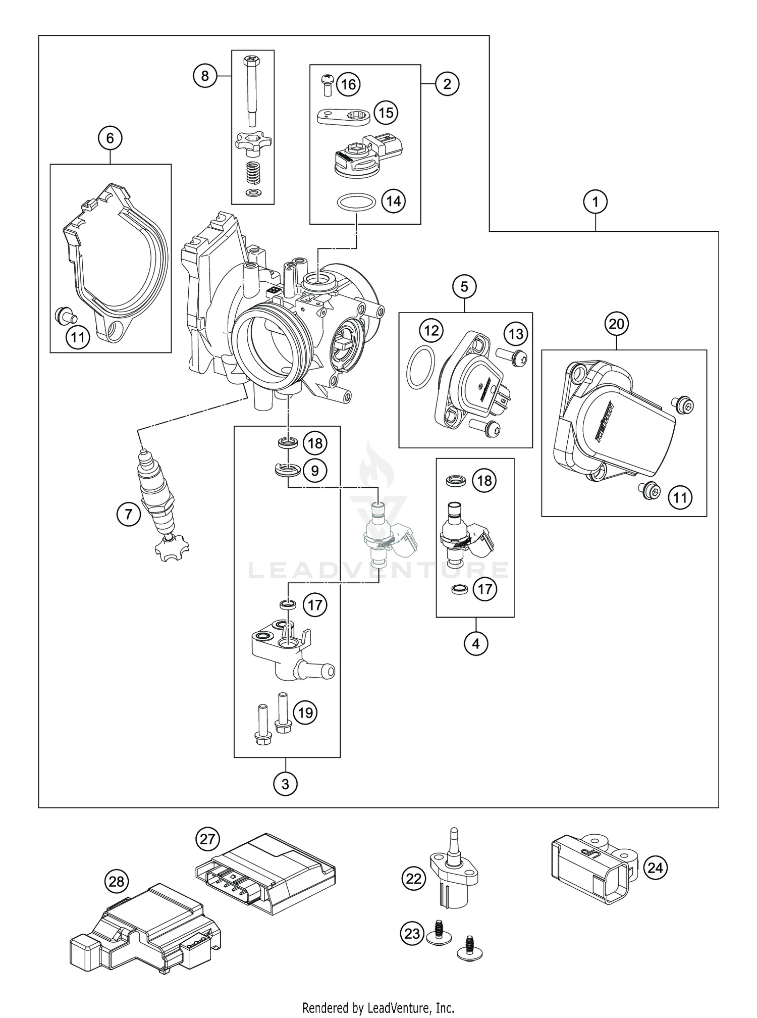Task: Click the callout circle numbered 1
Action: tap(596, 202)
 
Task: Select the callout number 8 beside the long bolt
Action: tap(204, 76)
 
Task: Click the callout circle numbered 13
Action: tap(516, 334)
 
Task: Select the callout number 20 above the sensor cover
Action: tap(617, 324)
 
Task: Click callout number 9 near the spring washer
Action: tap(315, 471)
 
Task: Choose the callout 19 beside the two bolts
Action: tap(305, 712)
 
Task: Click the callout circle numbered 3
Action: tap(285, 784)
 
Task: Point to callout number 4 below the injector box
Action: tap(475, 643)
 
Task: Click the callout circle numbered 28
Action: tap(117, 882)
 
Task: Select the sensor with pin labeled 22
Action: tap(453, 874)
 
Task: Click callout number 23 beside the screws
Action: tap(412, 933)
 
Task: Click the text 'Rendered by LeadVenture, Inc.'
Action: tap(378, 1008)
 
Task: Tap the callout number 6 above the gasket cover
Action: tap(111, 138)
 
